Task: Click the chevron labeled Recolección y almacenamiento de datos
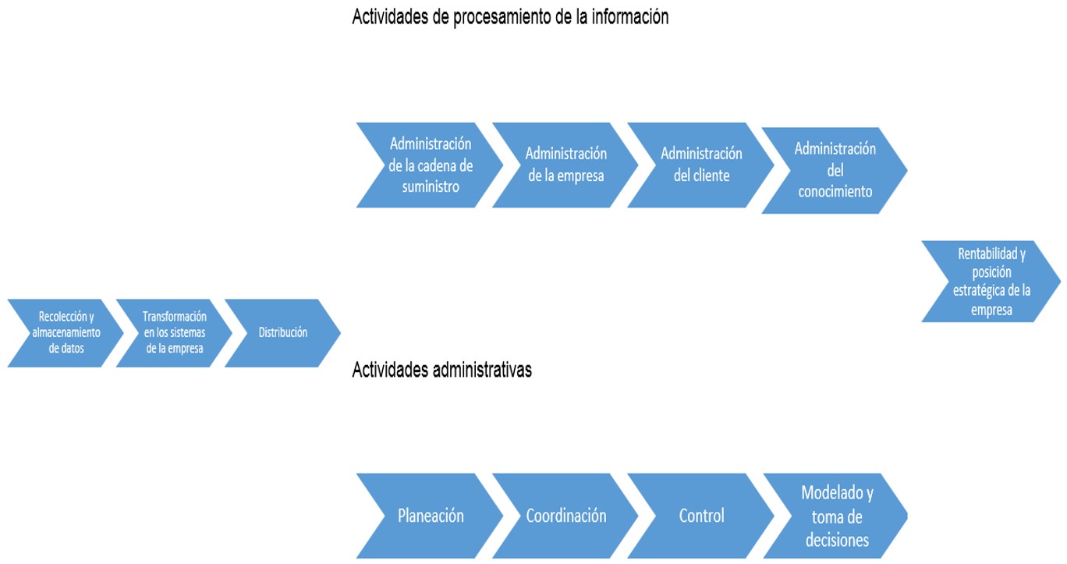pos(66,333)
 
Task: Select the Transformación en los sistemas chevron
pos(175,333)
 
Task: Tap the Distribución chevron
pos(283,333)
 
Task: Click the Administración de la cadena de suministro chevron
pos(430,165)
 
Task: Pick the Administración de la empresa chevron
pos(565,165)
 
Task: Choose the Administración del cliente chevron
pos(700,165)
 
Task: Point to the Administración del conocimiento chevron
pos(835,171)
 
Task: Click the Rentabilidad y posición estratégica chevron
pos(991,282)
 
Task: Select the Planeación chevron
pos(430,516)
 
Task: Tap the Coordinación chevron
pos(565,516)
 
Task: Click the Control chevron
pos(700,516)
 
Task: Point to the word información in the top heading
pos(630,16)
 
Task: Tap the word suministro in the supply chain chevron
pos(431,186)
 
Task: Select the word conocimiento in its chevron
pos(835,191)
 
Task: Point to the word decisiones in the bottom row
pos(837,541)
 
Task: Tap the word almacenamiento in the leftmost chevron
pos(66,332)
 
